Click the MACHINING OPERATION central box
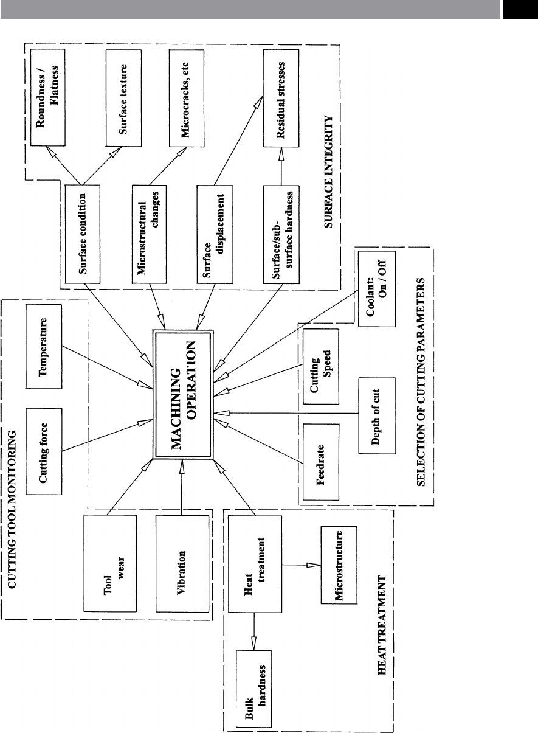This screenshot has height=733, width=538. [x=183, y=395]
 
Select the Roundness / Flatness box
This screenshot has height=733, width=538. [x=48, y=97]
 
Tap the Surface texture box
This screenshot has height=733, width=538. [x=123, y=98]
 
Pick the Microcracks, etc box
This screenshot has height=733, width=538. [x=187, y=98]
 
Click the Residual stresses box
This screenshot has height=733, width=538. [x=281, y=98]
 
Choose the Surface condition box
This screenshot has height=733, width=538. [x=83, y=234]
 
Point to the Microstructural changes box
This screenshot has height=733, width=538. [x=149, y=234]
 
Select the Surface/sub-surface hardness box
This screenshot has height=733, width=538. [x=281, y=235]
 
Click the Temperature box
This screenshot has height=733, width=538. [x=44, y=347]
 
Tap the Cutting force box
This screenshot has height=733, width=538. [x=44, y=451]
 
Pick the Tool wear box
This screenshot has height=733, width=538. [x=110, y=563]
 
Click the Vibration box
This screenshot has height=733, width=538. [x=182, y=564]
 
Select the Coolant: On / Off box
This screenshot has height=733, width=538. [x=377, y=289]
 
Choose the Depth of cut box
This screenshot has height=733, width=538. [x=377, y=416]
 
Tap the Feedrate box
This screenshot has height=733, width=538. [x=321, y=462]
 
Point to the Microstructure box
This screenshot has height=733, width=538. [x=339, y=565]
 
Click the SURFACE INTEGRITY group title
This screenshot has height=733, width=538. [x=328, y=172]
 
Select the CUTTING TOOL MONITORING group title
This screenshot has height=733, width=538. [x=12, y=510]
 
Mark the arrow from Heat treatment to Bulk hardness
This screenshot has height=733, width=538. [x=253, y=631]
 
